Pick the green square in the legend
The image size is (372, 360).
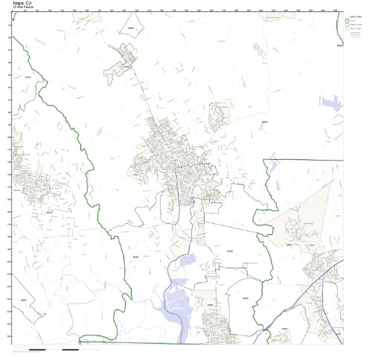[x=349, y=20]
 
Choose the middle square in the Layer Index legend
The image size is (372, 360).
[x=349, y=25]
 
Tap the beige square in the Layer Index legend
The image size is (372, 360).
[x=349, y=30]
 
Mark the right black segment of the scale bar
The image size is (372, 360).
[x=70, y=349]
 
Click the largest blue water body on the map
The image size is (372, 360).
[x=179, y=305]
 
